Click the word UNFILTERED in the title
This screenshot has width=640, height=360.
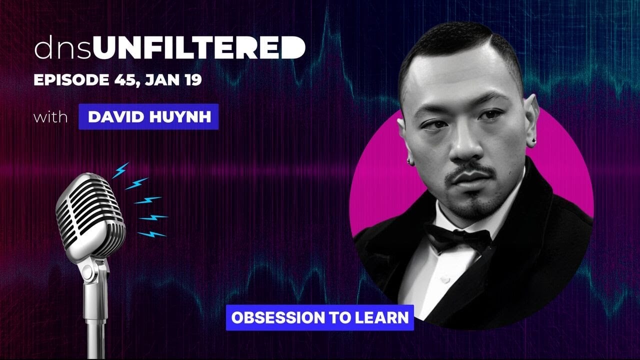(199, 48)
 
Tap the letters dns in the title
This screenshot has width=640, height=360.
(62, 49)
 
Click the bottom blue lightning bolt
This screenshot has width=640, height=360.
(151, 233)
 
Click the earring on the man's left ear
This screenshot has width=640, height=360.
(533, 141)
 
